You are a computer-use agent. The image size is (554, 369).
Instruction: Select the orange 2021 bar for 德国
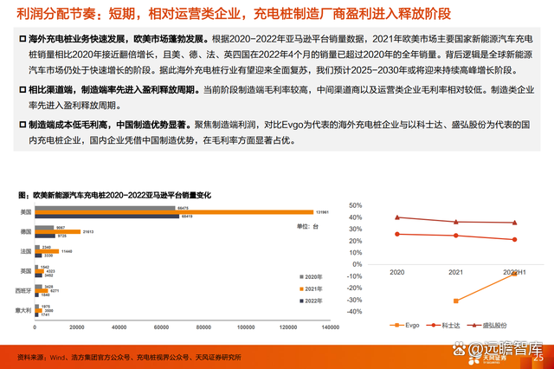pyautogui.click(x=59, y=232)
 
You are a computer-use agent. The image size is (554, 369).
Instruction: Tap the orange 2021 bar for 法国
pyautogui.click(x=48, y=251)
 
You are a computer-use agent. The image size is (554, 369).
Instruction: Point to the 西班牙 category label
pyautogui.click(x=23, y=290)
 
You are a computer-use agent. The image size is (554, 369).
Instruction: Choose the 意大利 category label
pyautogui.click(x=23, y=309)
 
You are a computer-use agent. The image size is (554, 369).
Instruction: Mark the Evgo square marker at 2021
pyautogui.click(x=455, y=301)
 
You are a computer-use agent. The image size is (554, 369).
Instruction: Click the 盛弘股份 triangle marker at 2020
pyautogui.click(x=397, y=217)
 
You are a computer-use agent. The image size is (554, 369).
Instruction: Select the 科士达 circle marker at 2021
pyautogui.click(x=455, y=236)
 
